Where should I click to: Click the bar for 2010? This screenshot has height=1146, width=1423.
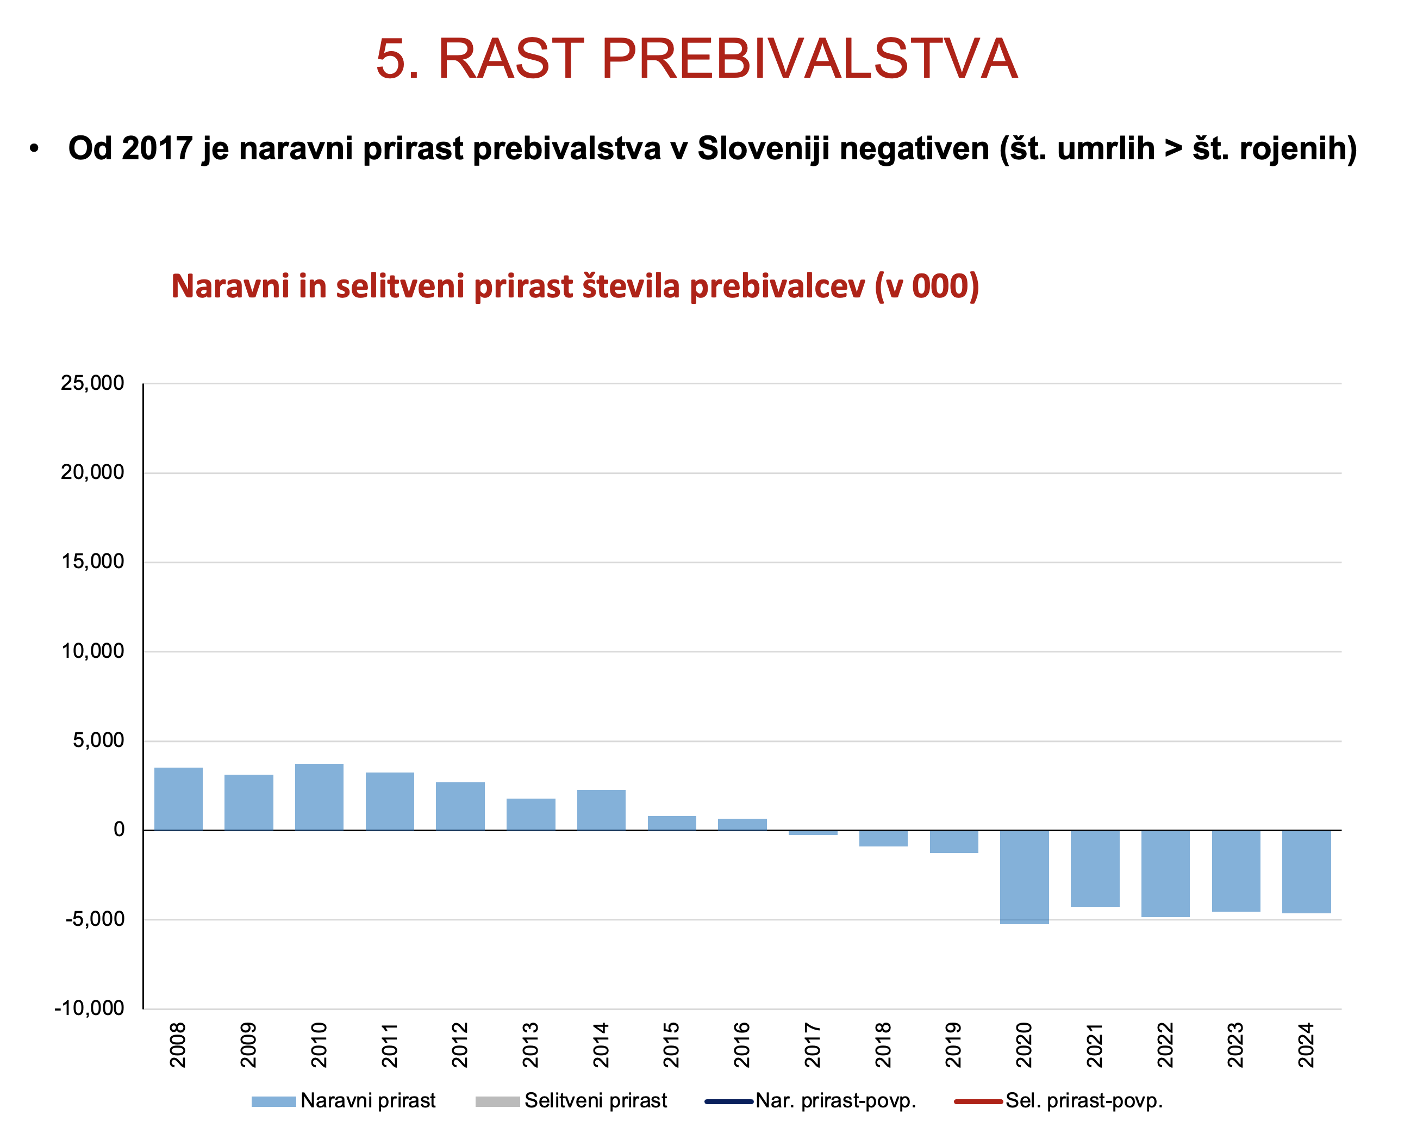320,797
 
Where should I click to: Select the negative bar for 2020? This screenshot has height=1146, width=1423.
1025,877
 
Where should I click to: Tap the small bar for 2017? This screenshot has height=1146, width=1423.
813,833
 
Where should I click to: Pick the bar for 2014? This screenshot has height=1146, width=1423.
601,810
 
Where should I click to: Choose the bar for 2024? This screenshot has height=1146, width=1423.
1307,872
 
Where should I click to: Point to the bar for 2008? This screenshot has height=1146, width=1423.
178,799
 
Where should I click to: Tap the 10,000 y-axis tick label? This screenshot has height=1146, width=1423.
92,651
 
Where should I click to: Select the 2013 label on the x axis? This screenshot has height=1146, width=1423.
530,1045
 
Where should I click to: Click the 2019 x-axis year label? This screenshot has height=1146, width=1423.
954,1045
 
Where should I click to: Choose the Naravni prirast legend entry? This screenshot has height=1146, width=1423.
344,1100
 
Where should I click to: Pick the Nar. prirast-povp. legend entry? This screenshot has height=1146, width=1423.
810,1100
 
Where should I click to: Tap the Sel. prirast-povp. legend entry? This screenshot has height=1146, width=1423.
1059,1100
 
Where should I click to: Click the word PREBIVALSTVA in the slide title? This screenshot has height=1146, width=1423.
810,59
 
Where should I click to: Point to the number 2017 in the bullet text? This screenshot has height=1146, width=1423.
158,148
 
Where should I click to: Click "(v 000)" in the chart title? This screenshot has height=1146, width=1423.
927,286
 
